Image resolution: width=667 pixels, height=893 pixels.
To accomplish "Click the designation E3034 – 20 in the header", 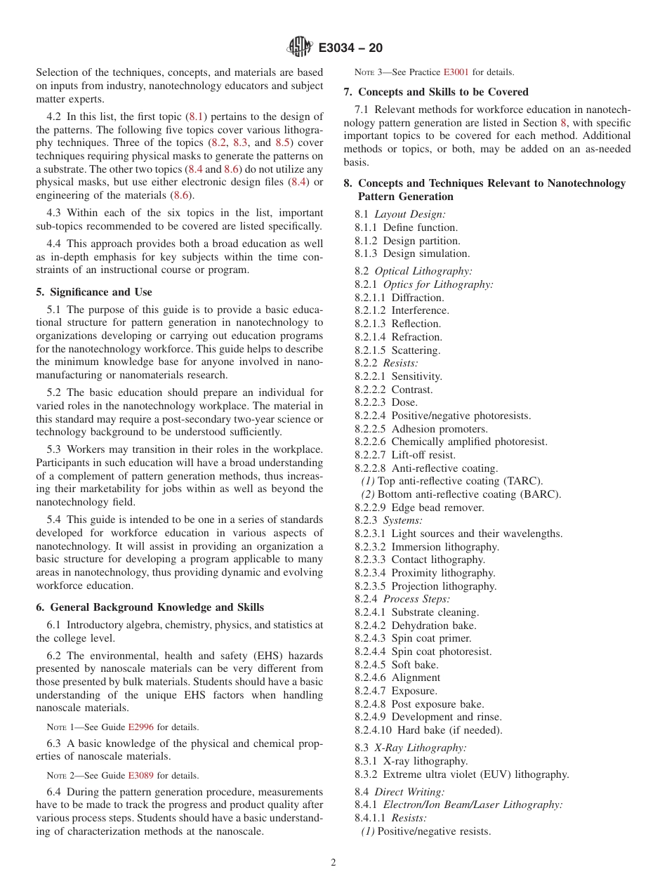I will tap(350, 48).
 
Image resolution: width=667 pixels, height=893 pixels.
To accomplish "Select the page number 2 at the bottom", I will tap(333, 863).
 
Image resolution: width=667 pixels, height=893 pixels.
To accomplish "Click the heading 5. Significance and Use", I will tap(94, 292).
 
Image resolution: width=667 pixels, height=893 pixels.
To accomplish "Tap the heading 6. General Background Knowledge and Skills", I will tap(150, 607).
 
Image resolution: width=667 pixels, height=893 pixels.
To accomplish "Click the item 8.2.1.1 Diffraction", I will tap(399, 298).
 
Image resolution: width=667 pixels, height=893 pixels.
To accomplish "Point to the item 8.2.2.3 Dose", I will tap(385, 402).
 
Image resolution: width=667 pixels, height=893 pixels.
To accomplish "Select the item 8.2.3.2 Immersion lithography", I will tap(426, 547).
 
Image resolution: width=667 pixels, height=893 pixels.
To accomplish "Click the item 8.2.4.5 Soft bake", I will tap(396, 665).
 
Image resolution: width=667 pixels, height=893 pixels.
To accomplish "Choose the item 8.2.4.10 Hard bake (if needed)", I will tap(428, 730).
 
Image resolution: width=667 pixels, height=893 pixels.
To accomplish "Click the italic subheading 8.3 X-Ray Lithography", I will tap(410, 748).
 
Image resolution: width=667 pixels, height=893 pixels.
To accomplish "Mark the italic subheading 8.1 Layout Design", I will tap(399, 214).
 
